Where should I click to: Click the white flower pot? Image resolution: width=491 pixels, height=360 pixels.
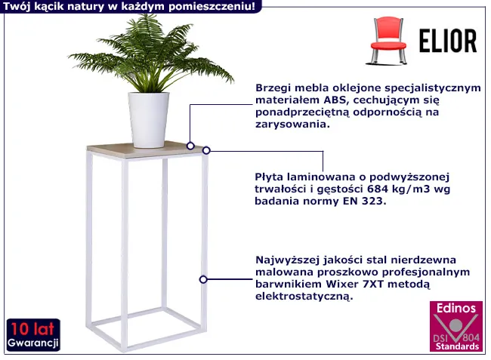149,119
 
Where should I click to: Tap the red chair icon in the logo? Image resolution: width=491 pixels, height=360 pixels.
388,41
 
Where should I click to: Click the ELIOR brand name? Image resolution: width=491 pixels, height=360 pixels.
448,41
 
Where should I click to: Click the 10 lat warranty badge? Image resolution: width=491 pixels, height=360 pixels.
33,334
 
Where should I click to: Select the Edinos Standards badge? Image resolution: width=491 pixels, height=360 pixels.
455,326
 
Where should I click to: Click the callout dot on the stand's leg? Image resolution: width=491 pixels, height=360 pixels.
203,279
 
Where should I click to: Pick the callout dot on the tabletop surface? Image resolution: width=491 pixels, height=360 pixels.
190,146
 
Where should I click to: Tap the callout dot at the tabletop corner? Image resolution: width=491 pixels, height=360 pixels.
206,150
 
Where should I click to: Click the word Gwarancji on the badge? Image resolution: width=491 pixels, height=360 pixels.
33,343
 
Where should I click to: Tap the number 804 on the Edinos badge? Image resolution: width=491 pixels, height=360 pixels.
471,337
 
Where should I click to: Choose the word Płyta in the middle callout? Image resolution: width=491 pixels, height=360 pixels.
268,177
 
